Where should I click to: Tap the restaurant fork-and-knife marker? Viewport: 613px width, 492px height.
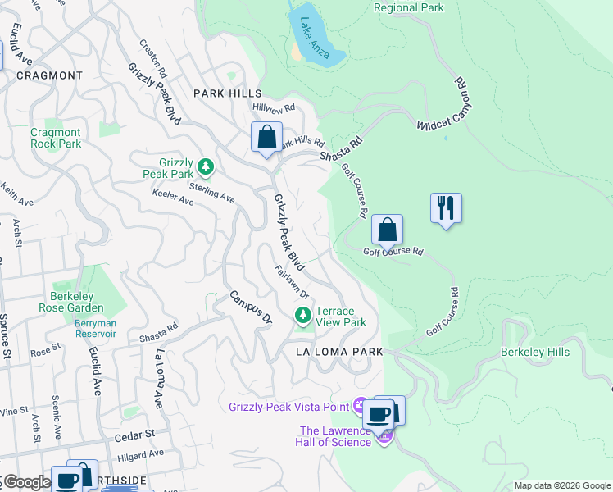click(446, 207)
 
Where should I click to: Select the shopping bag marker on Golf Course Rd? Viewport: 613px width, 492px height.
click(387, 230)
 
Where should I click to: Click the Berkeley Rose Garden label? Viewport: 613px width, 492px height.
click(71, 302)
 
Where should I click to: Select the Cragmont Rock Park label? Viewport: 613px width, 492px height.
click(56, 138)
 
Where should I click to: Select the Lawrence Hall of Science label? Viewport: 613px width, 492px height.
click(337, 436)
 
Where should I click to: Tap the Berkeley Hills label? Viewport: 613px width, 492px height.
click(534, 353)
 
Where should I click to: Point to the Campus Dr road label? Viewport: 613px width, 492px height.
click(249, 306)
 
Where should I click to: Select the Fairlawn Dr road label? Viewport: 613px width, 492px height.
click(292, 282)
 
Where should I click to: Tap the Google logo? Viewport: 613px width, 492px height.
click(26, 482)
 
